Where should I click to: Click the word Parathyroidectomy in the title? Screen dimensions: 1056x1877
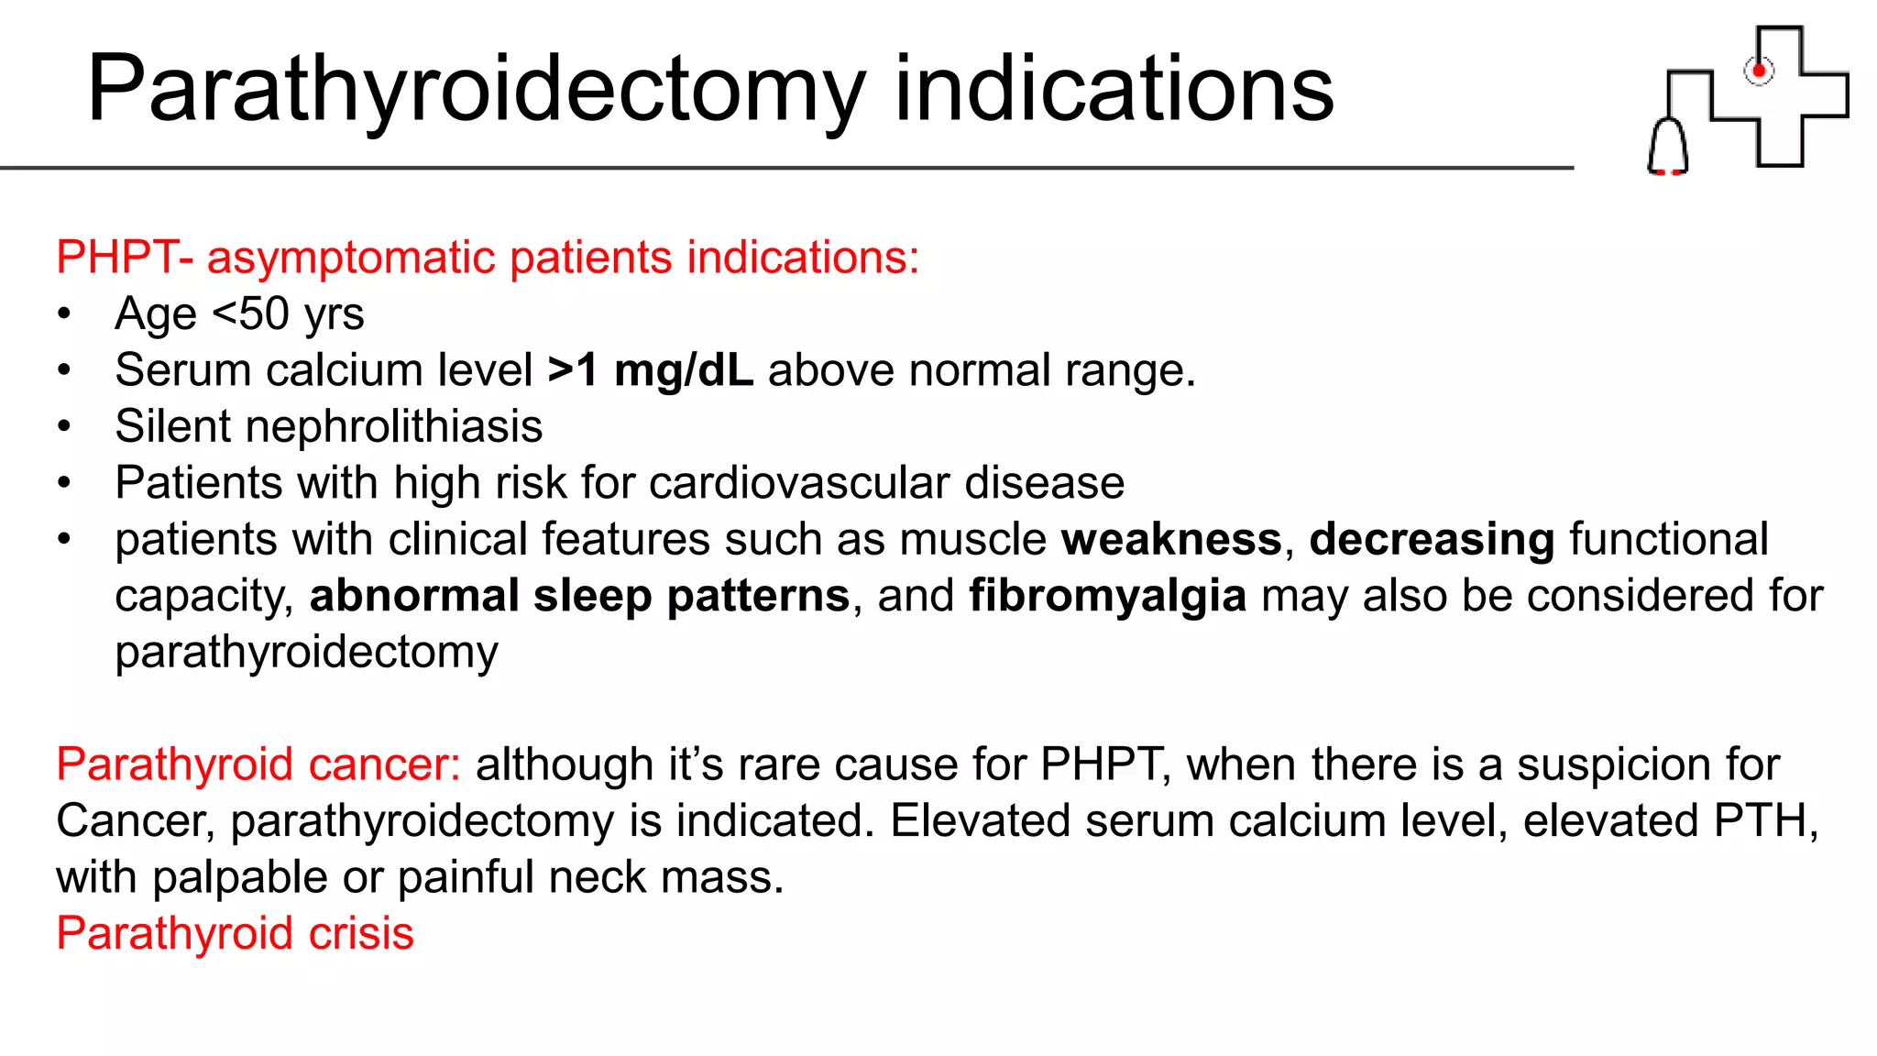[x=477, y=89]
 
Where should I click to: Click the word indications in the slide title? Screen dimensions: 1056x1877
[x=1114, y=89]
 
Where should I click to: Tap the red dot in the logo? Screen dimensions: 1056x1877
[x=1759, y=71]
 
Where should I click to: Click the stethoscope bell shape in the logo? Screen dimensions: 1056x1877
[x=1668, y=147]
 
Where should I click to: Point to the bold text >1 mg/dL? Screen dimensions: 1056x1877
[x=650, y=370]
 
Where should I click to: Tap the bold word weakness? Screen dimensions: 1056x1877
[x=1171, y=539]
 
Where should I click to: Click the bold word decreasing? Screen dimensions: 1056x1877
[x=1432, y=539]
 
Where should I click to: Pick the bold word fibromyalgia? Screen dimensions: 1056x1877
[x=1107, y=596]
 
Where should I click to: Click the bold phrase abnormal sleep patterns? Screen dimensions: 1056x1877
[x=579, y=596]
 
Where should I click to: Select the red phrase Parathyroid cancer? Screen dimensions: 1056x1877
[x=258, y=764]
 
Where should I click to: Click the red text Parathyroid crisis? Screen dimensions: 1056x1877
[x=235, y=933]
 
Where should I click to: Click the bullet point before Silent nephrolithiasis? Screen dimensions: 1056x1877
[x=63, y=427]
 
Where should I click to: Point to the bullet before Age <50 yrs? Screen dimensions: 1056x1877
[x=63, y=314]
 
